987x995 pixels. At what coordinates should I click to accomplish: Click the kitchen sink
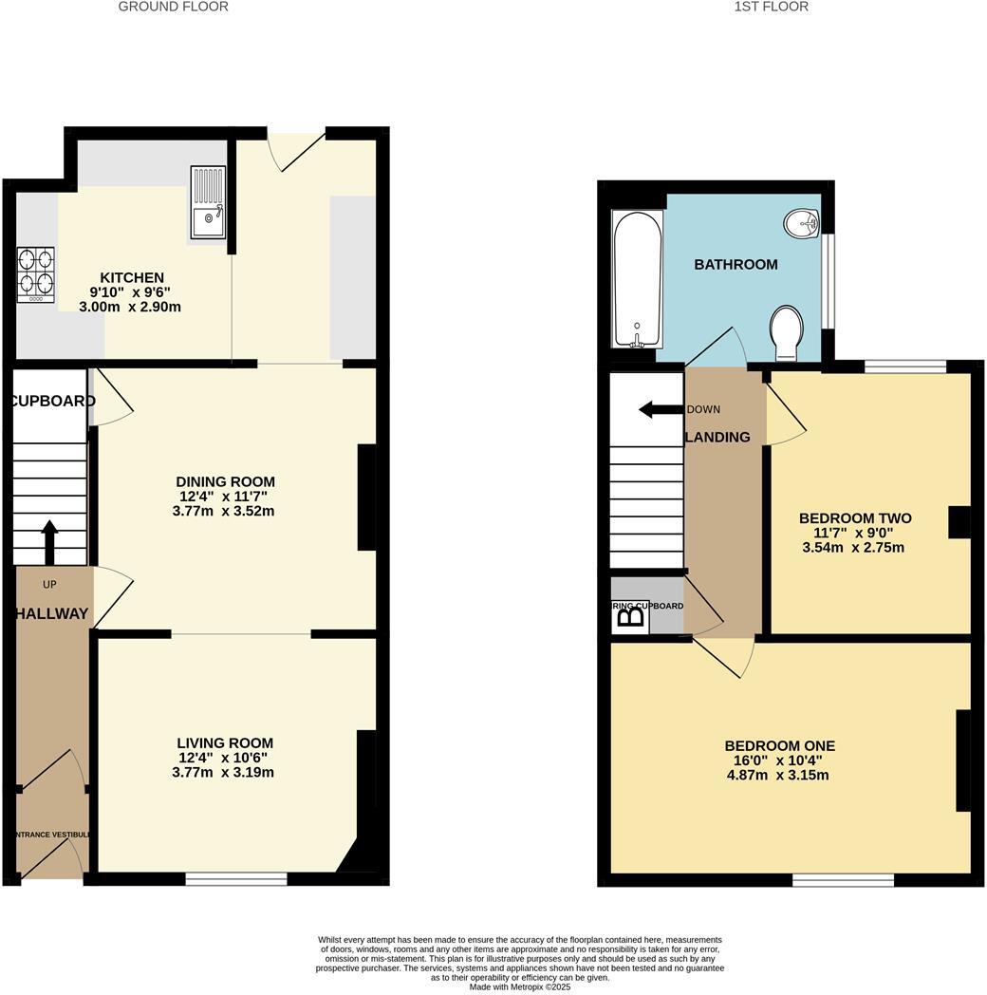coord(208,201)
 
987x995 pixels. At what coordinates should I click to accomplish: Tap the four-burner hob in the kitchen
coord(35,274)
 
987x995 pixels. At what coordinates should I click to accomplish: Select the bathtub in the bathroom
coord(638,279)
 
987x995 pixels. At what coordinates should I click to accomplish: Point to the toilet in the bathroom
coord(787,332)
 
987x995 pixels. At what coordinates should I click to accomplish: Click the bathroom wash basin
coord(802,223)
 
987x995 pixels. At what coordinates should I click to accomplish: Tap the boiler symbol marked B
coord(631,617)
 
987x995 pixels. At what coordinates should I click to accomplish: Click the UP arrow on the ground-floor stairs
coord(49,542)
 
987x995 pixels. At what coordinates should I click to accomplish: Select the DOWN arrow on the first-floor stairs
coord(661,409)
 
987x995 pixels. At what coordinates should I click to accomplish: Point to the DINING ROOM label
coord(227,481)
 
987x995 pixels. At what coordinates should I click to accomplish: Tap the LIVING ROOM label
coord(225,743)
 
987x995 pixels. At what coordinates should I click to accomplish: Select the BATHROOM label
coord(736,264)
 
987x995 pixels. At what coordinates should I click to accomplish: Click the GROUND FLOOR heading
coord(173,7)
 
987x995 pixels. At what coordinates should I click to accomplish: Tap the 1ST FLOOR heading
coord(771,7)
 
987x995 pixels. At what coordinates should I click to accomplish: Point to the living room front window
coord(236,880)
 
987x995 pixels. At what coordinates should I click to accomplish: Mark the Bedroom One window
coord(843,880)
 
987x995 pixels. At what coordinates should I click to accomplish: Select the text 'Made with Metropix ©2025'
coord(520,987)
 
